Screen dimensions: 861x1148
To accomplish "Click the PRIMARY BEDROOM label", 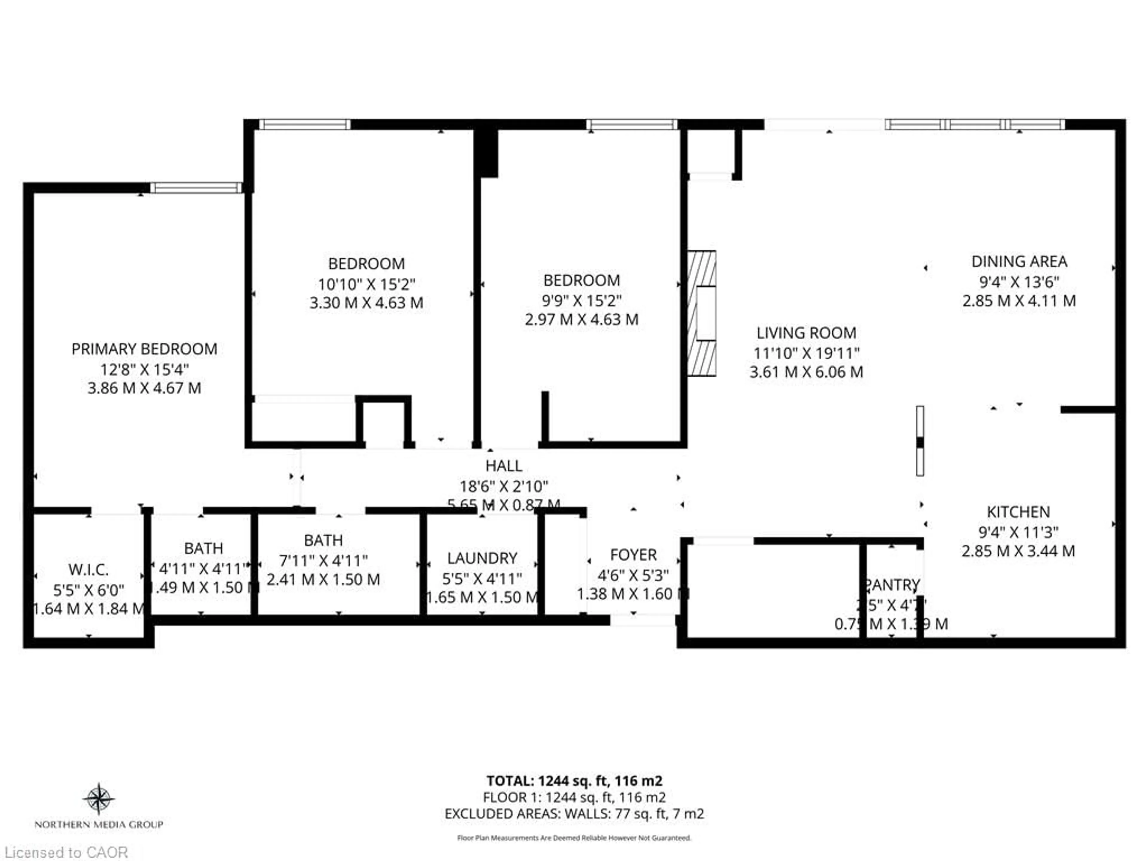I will [144, 349].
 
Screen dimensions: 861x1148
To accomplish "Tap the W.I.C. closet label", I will [88, 570].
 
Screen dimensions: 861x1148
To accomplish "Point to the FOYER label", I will [633, 555].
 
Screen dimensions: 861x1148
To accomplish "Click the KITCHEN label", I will [1018, 512].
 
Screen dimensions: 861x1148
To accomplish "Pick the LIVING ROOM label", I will [806, 333].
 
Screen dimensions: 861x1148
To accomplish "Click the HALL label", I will [503, 465].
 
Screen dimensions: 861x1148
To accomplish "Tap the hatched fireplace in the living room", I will [702, 314].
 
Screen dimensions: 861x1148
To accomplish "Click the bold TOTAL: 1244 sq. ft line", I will [574, 781].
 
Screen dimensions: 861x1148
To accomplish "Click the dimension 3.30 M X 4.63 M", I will [367, 303].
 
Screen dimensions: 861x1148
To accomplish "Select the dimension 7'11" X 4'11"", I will [323, 561].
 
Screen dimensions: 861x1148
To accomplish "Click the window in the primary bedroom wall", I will [196, 188].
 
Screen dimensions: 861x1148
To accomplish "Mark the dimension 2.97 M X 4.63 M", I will [581, 319].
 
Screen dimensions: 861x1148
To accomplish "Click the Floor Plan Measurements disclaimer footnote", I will [574, 838].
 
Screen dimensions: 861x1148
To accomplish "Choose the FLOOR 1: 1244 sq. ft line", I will [574, 797].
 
